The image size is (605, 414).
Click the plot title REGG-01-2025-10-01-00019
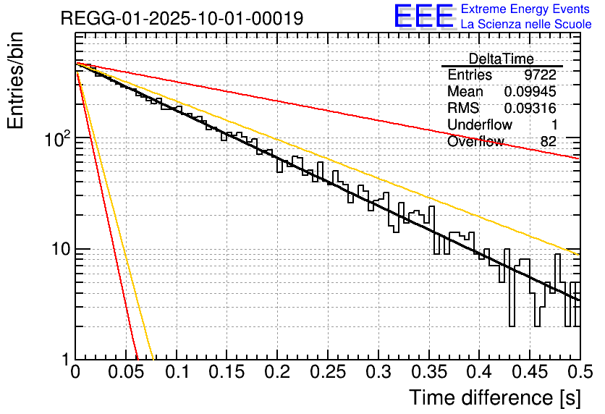pos(182,19)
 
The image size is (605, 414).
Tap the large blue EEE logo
pos(424,17)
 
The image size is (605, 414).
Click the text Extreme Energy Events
pos(525,9)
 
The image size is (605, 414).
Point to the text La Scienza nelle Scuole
pos(525,25)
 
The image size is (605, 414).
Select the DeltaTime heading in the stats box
pos(502,59)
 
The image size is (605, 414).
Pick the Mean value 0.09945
pos(530,92)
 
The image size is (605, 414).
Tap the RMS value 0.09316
pos(530,109)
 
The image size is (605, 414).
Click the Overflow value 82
pos(548,142)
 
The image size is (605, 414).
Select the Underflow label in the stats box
pos(480,125)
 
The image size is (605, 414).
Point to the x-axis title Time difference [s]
pos(494,397)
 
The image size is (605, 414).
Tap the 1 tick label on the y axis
pos(66,360)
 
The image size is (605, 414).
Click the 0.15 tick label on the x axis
pos(227,373)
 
